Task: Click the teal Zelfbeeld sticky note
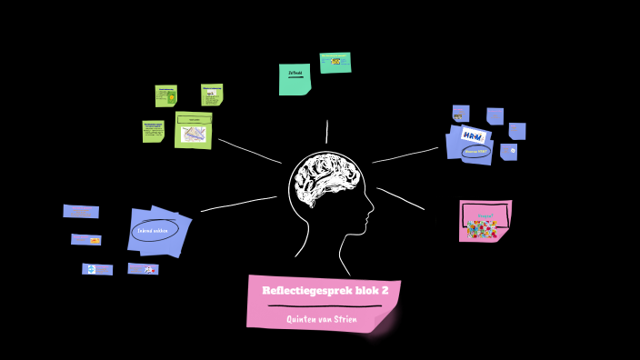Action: (295, 79)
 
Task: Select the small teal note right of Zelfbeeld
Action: (335, 62)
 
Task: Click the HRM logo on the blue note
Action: (473, 135)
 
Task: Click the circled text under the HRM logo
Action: (475, 152)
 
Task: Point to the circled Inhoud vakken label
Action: (155, 231)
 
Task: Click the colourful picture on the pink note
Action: (482, 228)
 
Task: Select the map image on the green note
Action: (194, 134)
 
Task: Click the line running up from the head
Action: (327, 132)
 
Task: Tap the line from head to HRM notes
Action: (405, 155)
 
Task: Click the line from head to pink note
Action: (400, 199)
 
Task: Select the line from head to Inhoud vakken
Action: (238, 204)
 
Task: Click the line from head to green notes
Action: (250, 151)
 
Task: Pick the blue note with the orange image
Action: (86, 239)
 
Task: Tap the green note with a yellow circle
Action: (165, 95)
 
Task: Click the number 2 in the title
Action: (384, 291)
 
